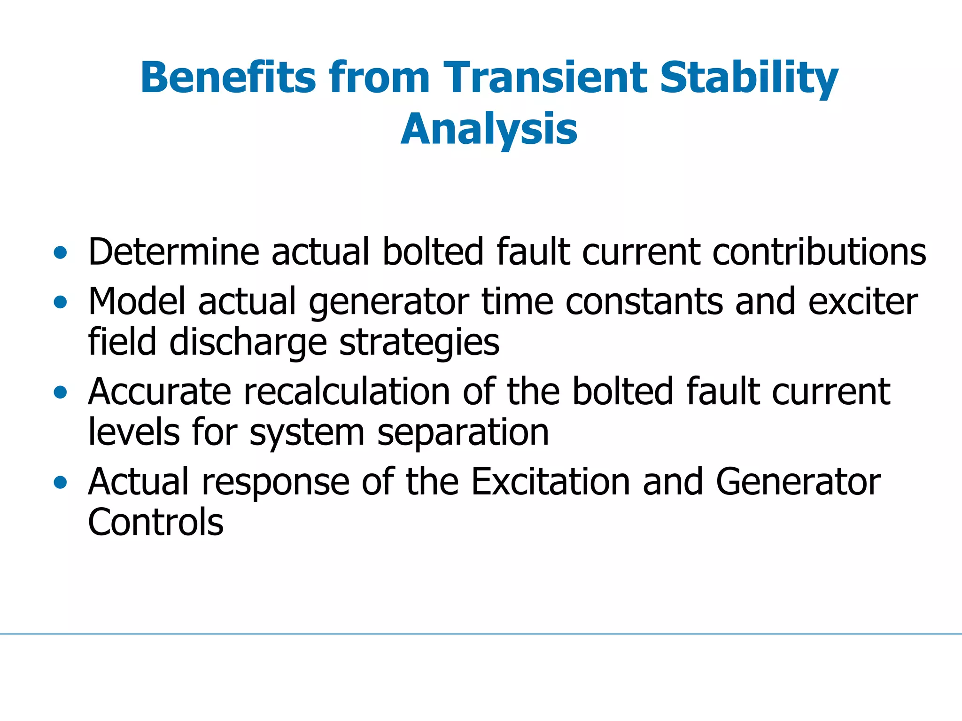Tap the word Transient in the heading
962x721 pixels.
544,78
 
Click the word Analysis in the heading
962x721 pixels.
489,129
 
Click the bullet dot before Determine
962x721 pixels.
60,253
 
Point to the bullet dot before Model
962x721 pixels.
60,302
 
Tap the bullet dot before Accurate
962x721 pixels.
60,392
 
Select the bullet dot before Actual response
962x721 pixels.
60,482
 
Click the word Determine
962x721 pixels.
173,252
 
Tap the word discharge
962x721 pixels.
248,343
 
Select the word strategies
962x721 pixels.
419,343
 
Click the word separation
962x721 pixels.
463,433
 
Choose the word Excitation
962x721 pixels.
551,482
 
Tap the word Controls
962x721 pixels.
155,523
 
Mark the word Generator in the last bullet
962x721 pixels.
798,482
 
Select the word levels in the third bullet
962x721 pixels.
134,432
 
